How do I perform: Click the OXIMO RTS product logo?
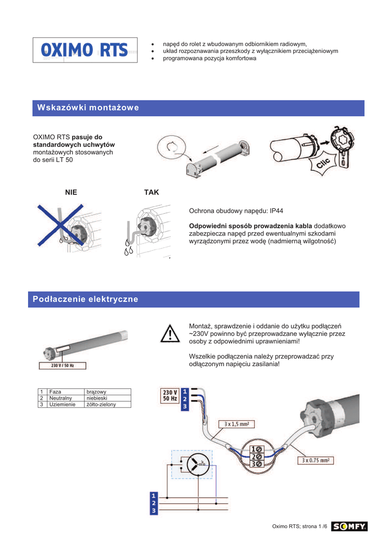(85, 50)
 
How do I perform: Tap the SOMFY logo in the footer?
(349, 526)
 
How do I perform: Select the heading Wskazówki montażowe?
(88, 107)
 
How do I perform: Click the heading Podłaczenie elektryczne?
(85, 299)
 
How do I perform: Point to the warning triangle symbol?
(170, 334)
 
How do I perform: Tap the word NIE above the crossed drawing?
(71, 192)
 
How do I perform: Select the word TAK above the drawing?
(152, 192)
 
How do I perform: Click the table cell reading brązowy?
(96, 392)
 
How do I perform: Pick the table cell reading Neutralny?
(60, 398)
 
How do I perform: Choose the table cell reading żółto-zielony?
(101, 404)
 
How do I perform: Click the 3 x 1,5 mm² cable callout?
(237, 424)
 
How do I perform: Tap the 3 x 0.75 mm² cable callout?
(315, 460)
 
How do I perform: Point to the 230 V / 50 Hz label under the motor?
(63, 366)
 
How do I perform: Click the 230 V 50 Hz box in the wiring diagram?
(170, 395)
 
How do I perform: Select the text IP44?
(277, 211)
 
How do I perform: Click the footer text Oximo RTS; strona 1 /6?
(300, 527)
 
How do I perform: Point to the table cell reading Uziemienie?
(63, 404)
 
